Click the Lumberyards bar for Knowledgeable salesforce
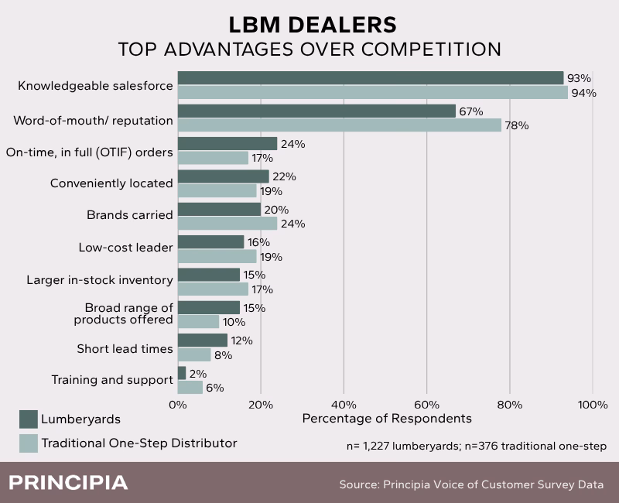point(371,78)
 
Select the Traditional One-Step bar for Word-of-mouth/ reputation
point(340,125)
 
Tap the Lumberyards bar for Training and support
point(182,373)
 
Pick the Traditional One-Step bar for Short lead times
point(194,355)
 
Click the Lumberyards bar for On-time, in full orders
point(227,144)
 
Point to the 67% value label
point(471,111)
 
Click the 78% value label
point(517,125)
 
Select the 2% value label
point(198,373)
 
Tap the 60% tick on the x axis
point(427,404)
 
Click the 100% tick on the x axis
point(593,404)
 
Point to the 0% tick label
point(178,404)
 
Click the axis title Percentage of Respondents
point(387,419)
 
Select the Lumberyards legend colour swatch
point(29,419)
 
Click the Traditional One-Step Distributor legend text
point(139,443)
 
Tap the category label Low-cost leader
point(126,248)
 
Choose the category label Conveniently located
point(111,183)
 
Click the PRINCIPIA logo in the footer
point(68,483)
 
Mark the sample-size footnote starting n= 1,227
point(476,446)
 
